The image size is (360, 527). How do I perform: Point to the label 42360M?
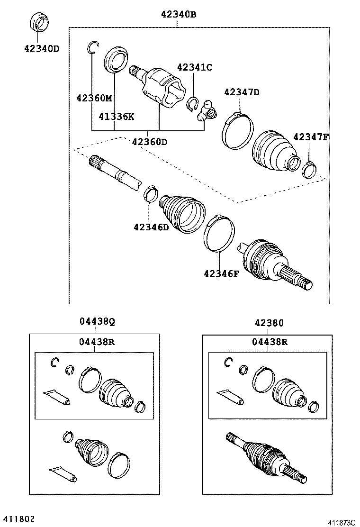94,98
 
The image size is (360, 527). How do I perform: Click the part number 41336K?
117,116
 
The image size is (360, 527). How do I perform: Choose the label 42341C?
195,67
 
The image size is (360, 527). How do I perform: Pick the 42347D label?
242,92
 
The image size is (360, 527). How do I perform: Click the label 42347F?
311,137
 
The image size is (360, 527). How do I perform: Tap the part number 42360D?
150,141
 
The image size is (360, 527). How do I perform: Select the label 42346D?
151,227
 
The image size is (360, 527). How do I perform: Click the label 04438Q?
97,322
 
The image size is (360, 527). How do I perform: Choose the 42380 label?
269,323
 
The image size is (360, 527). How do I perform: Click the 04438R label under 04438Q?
97,341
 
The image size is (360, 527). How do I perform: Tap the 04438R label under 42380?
269,341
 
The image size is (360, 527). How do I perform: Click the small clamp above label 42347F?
309,167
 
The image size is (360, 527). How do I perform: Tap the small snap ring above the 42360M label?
93,46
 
